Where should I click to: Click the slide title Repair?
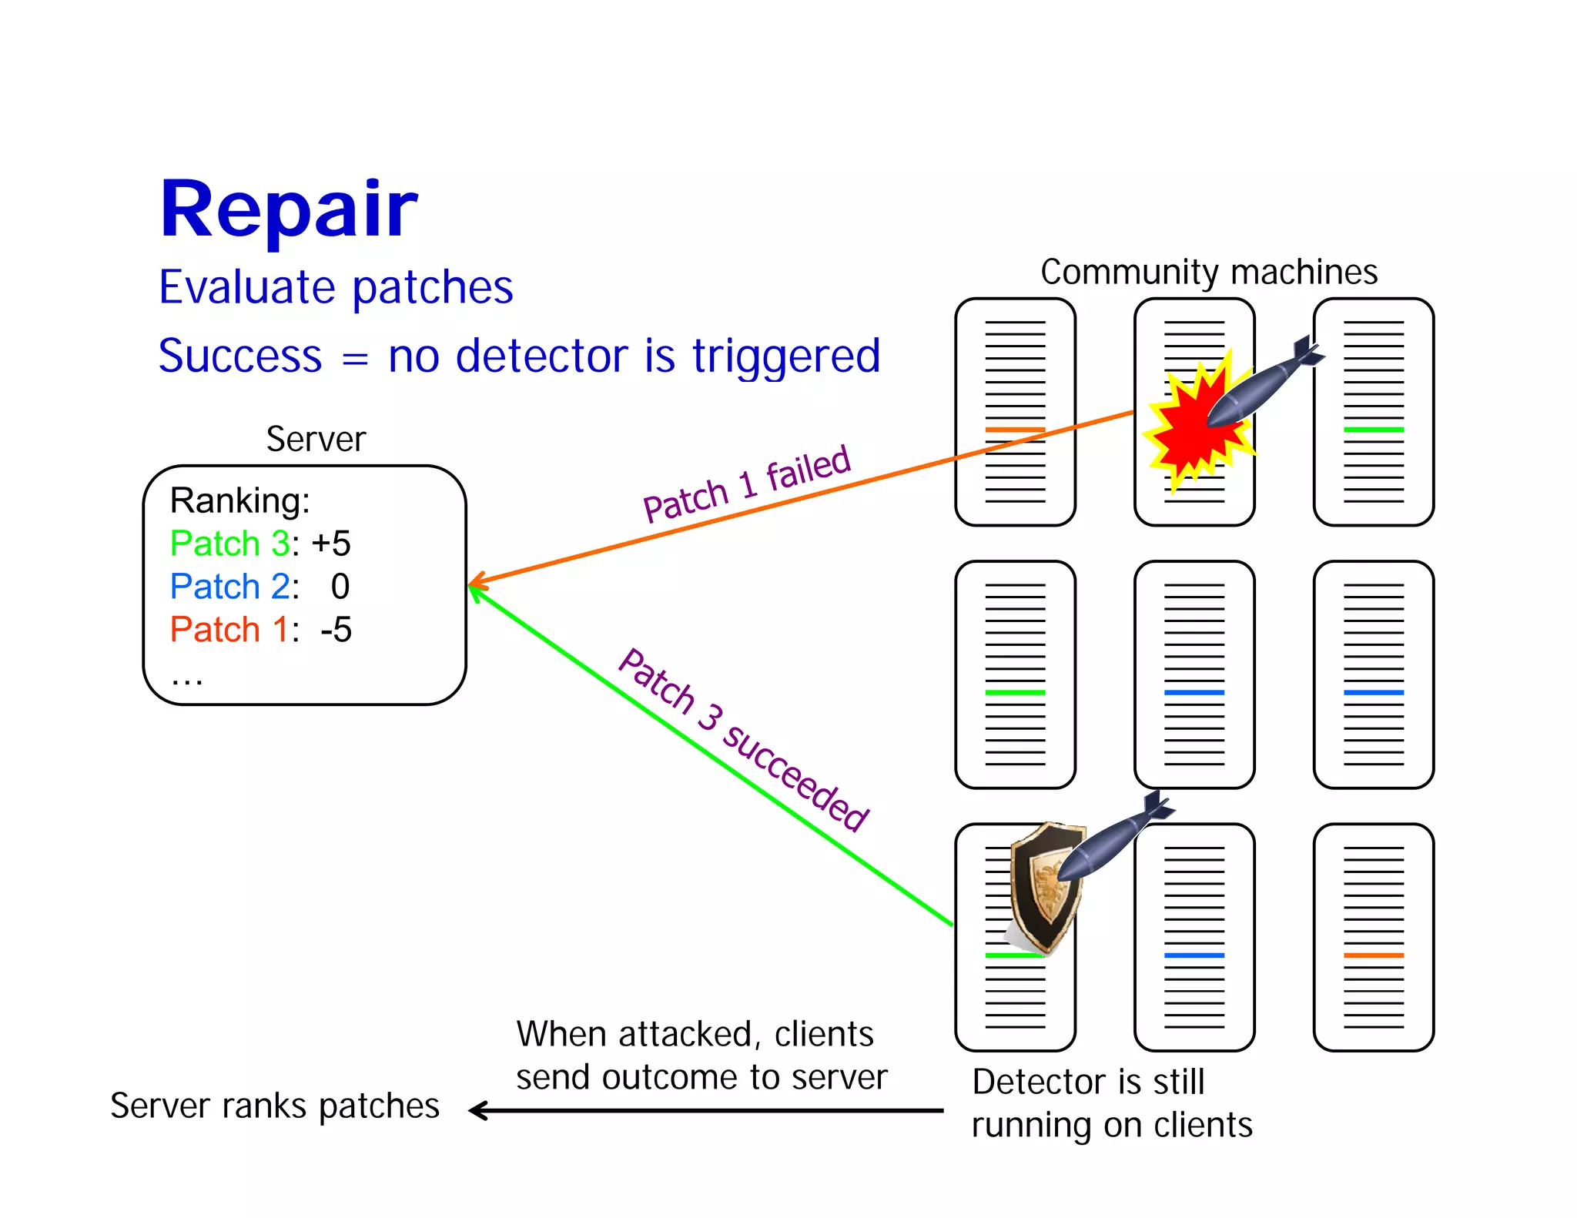tap(288, 209)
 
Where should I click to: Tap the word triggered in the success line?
tap(785, 356)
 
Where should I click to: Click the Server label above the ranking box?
tap(316, 440)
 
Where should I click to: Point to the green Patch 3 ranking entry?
tap(229, 544)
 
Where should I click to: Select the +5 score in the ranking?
tap(331, 544)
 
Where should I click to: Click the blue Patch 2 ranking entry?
tap(229, 587)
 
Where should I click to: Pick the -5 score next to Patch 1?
tap(336, 630)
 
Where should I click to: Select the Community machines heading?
tap(1208, 272)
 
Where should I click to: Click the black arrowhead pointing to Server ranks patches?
tap(477, 1110)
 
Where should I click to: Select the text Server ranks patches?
tap(274, 1106)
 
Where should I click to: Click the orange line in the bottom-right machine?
tap(1373, 955)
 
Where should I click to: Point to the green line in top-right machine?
tap(1373, 430)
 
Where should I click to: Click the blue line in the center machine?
tap(1194, 693)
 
